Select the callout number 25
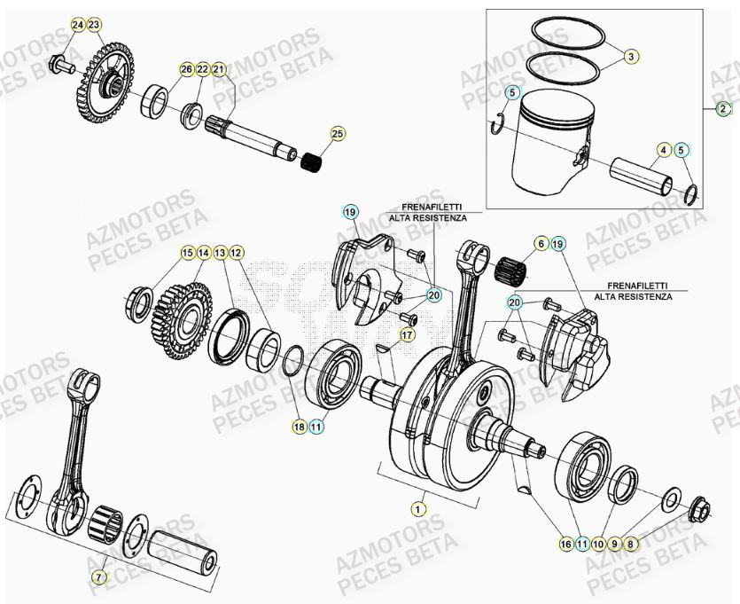point(337,134)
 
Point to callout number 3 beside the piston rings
point(631,57)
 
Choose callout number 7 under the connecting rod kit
point(99,577)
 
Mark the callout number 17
point(407,335)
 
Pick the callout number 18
point(300,427)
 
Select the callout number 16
point(566,544)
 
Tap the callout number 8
point(631,544)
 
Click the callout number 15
point(187,253)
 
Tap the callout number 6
point(540,242)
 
